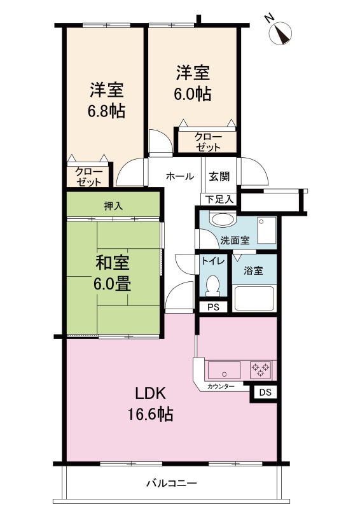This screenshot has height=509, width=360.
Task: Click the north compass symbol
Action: [280, 32]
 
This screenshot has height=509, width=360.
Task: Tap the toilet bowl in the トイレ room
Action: [212, 285]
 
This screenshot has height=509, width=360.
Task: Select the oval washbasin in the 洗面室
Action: [223, 219]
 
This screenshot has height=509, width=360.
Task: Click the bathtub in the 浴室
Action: [254, 298]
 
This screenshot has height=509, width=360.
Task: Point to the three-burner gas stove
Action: [261, 370]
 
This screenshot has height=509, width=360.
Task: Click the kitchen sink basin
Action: [224, 370]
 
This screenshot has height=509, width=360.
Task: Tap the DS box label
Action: [265, 393]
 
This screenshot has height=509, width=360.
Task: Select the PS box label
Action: [213, 307]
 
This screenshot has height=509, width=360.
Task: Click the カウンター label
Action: [221, 386]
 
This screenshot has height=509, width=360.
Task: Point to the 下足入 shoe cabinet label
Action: [220, 199]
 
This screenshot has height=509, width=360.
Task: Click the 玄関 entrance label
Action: [219, 177]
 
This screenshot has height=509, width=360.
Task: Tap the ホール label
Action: [180, 176]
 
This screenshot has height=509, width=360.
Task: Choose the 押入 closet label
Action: [113, 206]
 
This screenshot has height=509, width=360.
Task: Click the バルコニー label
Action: [171, 484]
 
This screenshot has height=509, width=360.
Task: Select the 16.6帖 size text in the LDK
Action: [150, 414]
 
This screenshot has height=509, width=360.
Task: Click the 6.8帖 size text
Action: [106, 111]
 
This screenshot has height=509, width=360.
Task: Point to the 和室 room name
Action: [113, 263]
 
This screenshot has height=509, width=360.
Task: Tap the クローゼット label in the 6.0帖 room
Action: [208, 142]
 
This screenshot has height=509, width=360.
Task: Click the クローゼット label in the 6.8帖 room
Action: [89, 177]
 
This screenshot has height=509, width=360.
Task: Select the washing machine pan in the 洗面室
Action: [267, 230]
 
